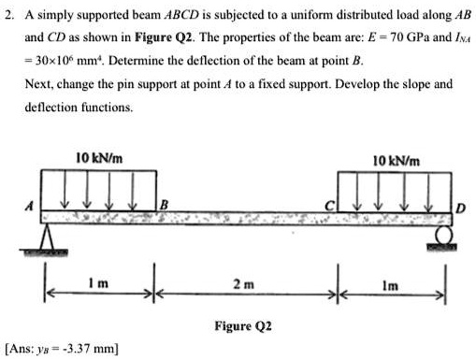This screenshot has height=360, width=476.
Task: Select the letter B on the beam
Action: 165,204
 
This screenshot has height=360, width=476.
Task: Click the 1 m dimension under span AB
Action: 102,281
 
